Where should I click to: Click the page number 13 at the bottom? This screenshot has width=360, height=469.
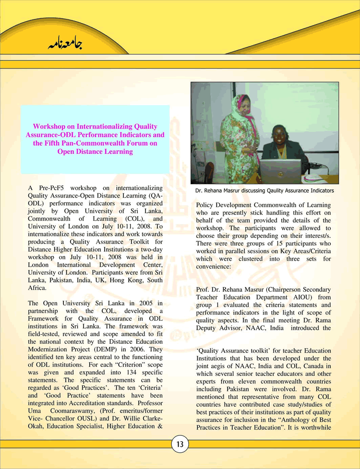coord(180,444)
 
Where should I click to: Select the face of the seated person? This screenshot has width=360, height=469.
coord(278,133)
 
